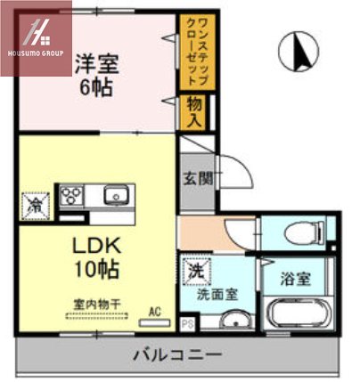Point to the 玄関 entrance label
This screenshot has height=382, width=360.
click(197, 177)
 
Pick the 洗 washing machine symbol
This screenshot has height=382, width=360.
click(195, 267)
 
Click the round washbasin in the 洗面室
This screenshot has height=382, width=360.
click(234, 321)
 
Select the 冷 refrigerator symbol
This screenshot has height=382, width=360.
click(37, 204)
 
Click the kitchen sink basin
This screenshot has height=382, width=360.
click(115, 195)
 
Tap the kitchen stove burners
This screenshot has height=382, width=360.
click(71, 195)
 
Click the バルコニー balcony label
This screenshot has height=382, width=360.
click(178, 354)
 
